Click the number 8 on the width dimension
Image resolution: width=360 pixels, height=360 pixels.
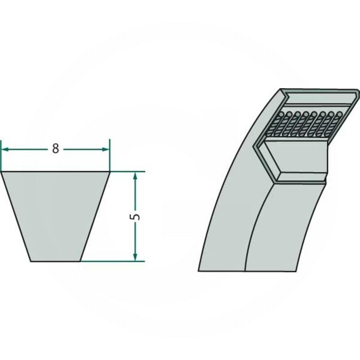[55, 149]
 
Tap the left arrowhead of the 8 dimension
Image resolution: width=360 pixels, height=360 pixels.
[4, 149]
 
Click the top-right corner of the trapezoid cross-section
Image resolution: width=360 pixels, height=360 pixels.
[110, 171]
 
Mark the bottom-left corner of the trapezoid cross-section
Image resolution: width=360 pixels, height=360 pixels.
[30, 261]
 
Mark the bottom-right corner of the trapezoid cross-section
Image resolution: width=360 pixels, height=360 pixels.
[81, 261]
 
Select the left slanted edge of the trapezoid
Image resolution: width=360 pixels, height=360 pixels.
[16, 216]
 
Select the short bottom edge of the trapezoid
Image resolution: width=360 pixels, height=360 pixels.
[55, 261]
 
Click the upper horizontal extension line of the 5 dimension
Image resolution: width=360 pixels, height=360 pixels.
[128, 171]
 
